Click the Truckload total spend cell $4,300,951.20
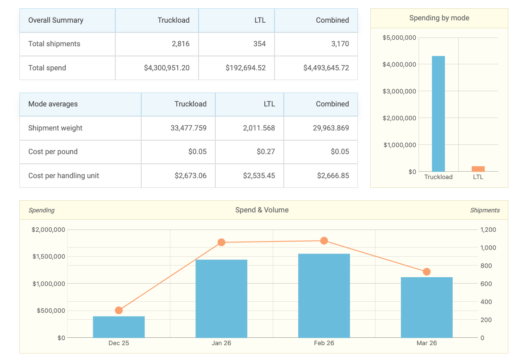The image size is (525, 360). (x=167, y=68)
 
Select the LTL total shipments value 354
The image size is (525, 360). (x=259, y=44)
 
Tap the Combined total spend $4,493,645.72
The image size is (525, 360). (x=326, y=68)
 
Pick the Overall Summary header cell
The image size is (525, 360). (x=56, y=20)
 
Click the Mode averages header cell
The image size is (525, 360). (x=53, y=104)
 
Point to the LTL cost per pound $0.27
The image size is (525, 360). (x=266, y=152)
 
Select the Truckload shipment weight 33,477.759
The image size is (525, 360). (x=188, y=128)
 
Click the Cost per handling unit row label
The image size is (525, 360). (x=63, y=176)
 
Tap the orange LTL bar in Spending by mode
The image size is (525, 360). (x=478, y=169)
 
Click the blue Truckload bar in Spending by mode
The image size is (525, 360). (x=438, y=114)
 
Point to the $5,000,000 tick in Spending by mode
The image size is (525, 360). (x=400, y=38)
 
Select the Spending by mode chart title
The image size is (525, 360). (x=439, y=18)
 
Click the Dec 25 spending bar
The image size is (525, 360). (x=119, y=327)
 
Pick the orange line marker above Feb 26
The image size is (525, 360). (x=324, y=241)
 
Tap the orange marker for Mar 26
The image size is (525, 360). (x=427, y=272)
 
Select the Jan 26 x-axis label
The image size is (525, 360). (x=221, y=343)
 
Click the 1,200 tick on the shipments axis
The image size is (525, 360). (x=488, y=230)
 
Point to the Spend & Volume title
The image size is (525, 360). (x=262, y=210)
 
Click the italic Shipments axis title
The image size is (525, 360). (x=485, y=211)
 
